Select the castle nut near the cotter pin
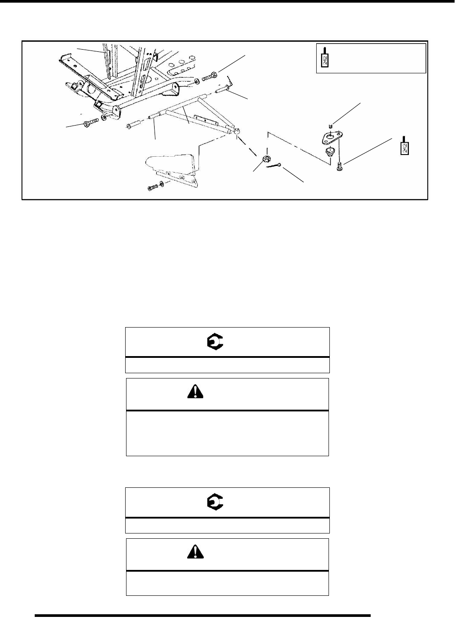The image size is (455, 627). click(265, 159)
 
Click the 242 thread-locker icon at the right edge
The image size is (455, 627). click(405, 146)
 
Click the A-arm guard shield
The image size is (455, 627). click(171, 165)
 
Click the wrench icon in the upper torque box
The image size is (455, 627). click(215, 342)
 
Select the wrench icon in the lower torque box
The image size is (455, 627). click(215, 503)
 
